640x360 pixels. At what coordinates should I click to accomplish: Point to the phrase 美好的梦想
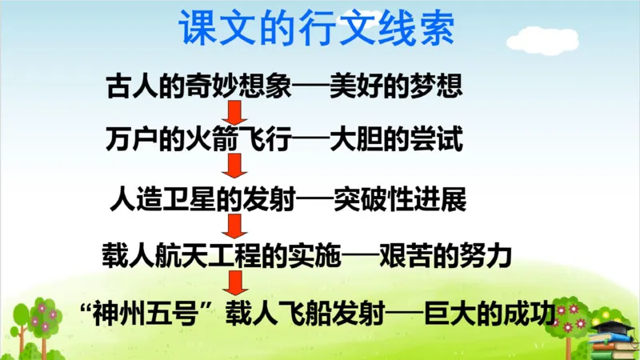pyautogui.click(x=396, y=86)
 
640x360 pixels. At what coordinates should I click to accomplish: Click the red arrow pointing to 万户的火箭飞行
pyautogui.click(x=234, y=112)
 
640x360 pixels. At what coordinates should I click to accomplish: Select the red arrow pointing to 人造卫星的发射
pyautogui.click(x=234, y=167)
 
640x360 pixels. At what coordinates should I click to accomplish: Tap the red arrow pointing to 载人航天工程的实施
pyautogui.click(x=234, y=225)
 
